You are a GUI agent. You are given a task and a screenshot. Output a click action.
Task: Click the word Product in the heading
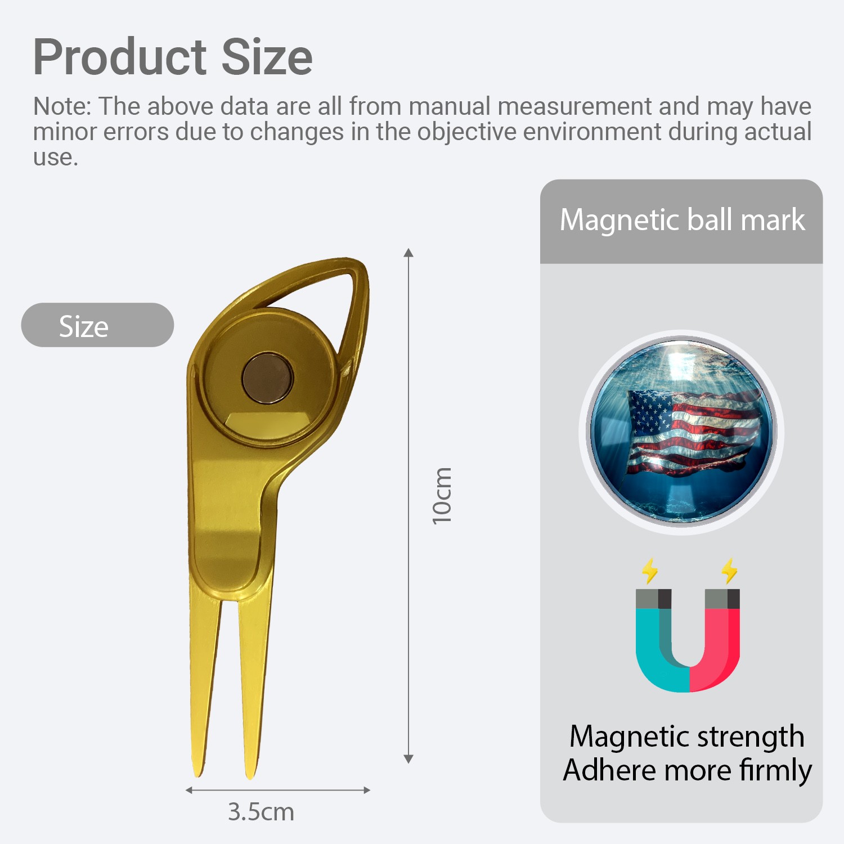120,57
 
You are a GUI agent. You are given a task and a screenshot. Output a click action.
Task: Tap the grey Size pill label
97,325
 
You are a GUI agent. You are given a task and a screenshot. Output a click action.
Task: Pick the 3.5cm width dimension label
261,812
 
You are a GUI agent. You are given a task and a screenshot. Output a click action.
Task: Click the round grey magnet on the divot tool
268,378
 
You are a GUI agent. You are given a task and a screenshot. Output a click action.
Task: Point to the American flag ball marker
681,432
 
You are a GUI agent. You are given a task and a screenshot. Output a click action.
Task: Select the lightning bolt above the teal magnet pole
650,571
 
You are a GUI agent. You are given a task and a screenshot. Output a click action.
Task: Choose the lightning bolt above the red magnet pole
730,571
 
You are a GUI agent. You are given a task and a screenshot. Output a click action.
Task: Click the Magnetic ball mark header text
682,220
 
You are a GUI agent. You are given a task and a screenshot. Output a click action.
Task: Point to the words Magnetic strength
686,737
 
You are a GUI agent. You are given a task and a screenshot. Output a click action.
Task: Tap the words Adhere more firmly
687,770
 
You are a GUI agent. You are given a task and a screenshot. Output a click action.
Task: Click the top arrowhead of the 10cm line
408,252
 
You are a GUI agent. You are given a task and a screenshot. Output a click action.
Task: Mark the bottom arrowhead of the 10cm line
408,759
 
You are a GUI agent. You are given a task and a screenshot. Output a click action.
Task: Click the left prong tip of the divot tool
197,774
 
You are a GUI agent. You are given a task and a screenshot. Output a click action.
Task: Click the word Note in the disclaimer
60,106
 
